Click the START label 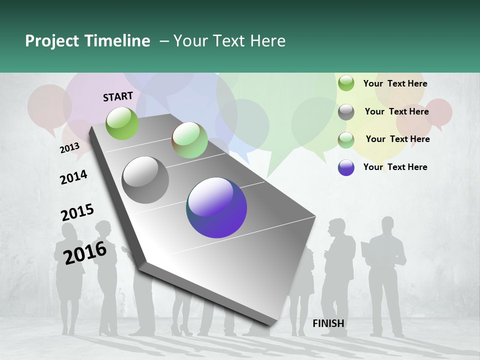[x=118, y=96]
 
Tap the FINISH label [x=328, y=323]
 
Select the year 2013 [x=69, y=147]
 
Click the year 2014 [x=73, y=177]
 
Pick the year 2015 [x=77, y=212]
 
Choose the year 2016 [x=85, y=252]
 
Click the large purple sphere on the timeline [x=216, y=207]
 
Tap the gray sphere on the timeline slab [x=145, y=180]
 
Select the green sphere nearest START [x=122, y=123]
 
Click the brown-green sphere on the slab [x=189, y=140]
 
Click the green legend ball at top [x=346, y=83]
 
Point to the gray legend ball [x=346, y=112]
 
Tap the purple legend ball [x=346, y=167]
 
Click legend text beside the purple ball [x=395, y=167]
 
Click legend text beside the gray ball [x=396, y=111]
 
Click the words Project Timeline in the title [x=87, y=41]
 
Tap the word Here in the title [x=267, y=41]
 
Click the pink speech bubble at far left [x=48, y=106]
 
